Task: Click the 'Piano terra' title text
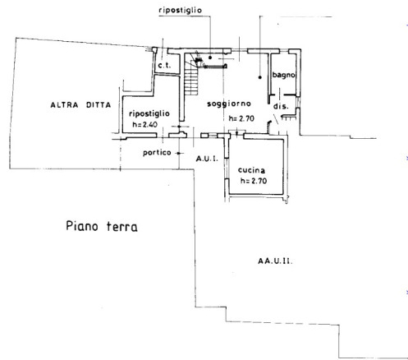(x=102, y=226)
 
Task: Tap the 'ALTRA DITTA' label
(x=80, y=105)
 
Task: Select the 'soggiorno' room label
(x=229, y=104)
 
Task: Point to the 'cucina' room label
(x=251, y=170)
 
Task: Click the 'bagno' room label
(x=283, y=75)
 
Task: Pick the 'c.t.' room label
(x=164, y=66)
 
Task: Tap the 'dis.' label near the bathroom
(x=281, y=106)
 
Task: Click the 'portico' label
(x=157, y=153)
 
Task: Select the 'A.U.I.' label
(x=207, y=159)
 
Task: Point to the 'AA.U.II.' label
(x=275, y=261)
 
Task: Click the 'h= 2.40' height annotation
(x=145, y=124)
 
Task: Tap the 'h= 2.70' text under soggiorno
(x=241, y=118)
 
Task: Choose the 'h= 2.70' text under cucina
(x=254, y=181)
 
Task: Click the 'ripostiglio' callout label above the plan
(x=180, y=11)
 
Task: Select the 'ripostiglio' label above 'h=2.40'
(x=149, y=113)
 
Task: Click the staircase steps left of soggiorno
(x=191, y=77)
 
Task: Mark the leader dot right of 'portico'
(x=179, y=153)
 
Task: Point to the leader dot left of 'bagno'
(x=260, y=77)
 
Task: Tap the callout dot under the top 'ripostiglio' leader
(x=210, y=58)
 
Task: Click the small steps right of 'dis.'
(x=289, y=118)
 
